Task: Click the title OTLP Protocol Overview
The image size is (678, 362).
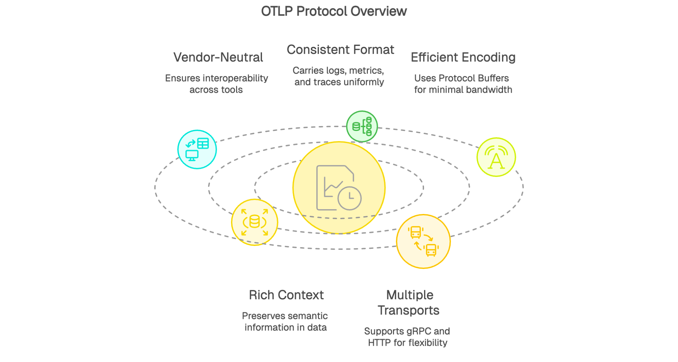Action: coord(334,11)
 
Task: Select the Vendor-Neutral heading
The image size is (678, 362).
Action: coord(218,58)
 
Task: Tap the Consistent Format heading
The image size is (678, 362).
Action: coord(340,50)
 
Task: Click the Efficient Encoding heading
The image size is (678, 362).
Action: coord(463,58)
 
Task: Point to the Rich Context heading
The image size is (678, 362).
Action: coord(286,295)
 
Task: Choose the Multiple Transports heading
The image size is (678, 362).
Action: coord(409,303)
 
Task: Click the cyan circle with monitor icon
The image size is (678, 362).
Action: coord(197,149)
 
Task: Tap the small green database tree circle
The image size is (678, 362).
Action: coord(362,126)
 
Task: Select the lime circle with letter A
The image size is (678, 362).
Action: coord(496,157)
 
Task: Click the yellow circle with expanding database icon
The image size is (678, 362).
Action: coord(255,222)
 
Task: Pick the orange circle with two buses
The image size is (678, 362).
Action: coord(423,241)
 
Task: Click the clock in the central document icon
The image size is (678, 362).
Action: coord(349,198)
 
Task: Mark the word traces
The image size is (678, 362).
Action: coord(327,82)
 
